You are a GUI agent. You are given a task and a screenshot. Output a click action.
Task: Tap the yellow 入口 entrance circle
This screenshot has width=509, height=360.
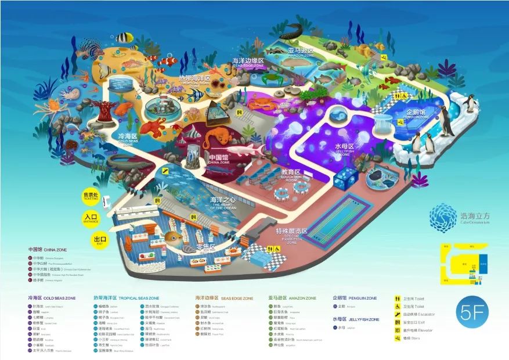tap(89, 218)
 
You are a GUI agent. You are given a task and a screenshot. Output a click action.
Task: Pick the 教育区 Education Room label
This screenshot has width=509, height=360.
tap(291, 173)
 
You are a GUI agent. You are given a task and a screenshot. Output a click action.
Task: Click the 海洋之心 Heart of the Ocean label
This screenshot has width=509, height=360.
tap(223, 202)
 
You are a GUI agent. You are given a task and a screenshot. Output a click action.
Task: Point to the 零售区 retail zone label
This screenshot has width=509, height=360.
tap(205, 248)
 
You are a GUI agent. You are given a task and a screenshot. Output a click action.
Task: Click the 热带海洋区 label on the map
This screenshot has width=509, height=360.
tap(194, 79)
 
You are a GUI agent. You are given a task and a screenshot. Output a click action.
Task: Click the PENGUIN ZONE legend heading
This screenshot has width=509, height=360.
tap(355, 298)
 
